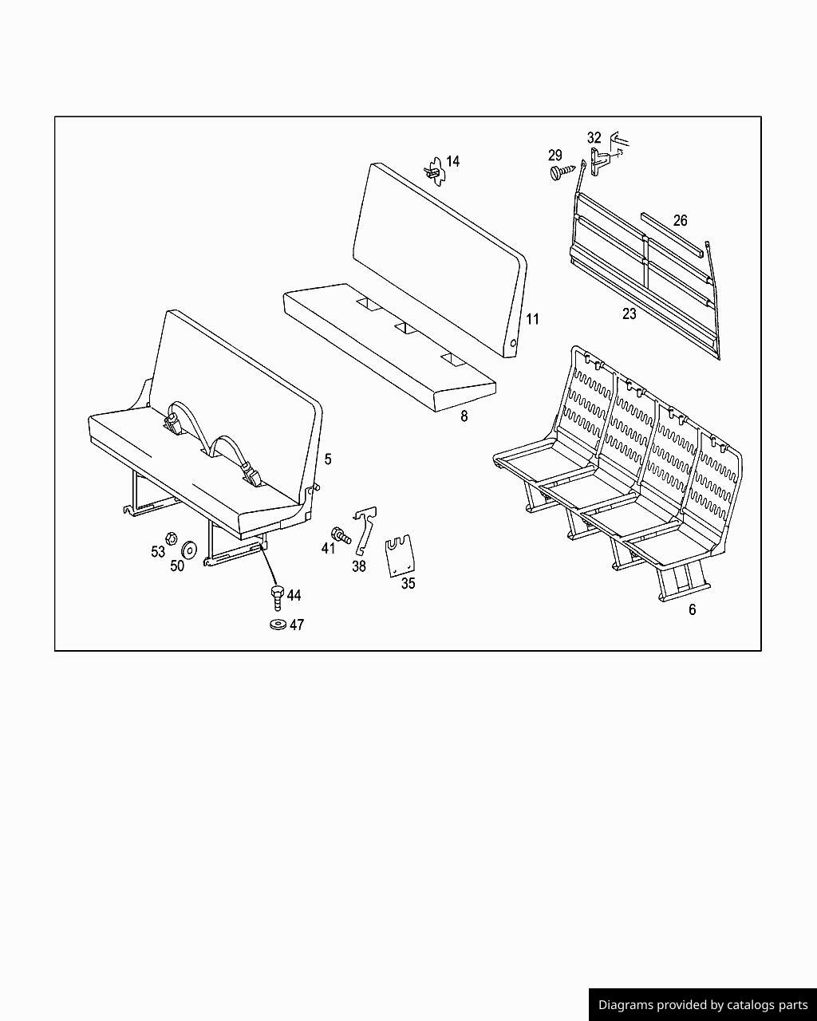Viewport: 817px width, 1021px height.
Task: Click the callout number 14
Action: (x=452, y=161)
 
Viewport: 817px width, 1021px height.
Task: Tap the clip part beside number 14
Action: (x=433, y=171)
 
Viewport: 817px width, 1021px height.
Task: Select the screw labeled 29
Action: (x=561, y=171)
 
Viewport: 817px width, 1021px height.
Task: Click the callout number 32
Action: (x=594, y=138)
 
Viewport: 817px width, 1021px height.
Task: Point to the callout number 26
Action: (x=680, y=220)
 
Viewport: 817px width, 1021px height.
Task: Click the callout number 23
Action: (x=630, y=314)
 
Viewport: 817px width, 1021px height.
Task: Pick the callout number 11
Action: (x=533, y=319)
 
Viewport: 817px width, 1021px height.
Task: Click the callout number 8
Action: (x=464, y=416)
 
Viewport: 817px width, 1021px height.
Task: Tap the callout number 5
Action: (x=328, y=459)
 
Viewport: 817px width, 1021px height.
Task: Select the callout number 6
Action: (x=692, y=609)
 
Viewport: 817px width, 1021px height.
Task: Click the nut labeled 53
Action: (x=170, y=537)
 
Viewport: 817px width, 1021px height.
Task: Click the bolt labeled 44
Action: (x=277, y=596)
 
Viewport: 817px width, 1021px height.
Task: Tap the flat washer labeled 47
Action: (x=278, y=624)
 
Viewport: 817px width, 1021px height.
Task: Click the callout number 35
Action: (x=408, y=583)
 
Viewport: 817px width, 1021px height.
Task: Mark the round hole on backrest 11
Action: (x=514, y=344)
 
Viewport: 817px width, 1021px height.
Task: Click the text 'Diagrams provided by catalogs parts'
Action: (x=703, y=1005)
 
